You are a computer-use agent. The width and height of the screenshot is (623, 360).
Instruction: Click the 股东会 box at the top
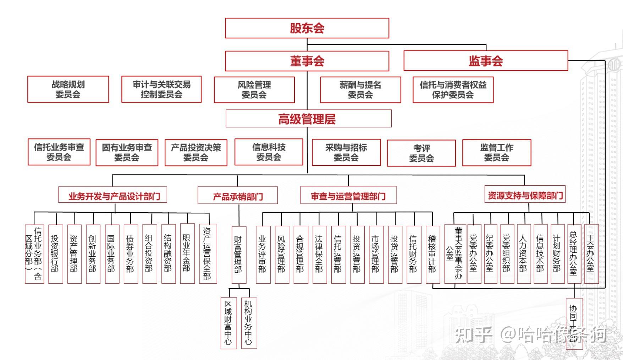click(307, 28)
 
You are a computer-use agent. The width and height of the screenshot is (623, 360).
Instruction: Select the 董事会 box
click(307, 61)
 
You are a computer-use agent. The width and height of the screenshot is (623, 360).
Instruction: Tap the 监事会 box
click(485, 61)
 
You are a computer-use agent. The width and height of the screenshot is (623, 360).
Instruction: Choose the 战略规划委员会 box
click(68, 89)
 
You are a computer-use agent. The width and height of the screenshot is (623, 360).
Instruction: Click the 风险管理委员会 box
click(254, 90)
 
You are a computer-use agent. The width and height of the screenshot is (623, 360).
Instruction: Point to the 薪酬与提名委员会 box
click(360, 90)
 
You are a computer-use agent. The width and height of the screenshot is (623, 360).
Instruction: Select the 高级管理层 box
click(308, 119)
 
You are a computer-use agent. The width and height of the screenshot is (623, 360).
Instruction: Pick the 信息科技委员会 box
click(269, 152)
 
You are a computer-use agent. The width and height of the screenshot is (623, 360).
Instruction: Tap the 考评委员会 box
click(421, 153)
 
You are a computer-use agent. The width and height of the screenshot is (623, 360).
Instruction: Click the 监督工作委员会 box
click(497, 153)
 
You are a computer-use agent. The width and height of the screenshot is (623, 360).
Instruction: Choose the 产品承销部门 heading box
click(237, 196)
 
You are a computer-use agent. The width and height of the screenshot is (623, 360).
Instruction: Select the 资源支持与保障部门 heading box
click(525, 195)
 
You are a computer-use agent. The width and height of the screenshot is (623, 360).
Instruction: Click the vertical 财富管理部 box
click(238, 254)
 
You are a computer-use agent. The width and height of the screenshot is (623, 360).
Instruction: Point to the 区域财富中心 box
click(228, 323)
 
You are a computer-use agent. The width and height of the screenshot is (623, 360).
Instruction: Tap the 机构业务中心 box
click(248, 323)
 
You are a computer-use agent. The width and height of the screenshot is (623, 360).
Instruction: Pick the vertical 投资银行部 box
click(55, 254)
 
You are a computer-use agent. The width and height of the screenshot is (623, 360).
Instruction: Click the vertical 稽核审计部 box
click(432, 254)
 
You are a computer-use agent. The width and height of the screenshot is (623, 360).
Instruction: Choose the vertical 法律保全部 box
click(319, 254)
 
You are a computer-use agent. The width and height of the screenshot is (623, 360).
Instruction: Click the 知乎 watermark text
click(473, 335)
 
